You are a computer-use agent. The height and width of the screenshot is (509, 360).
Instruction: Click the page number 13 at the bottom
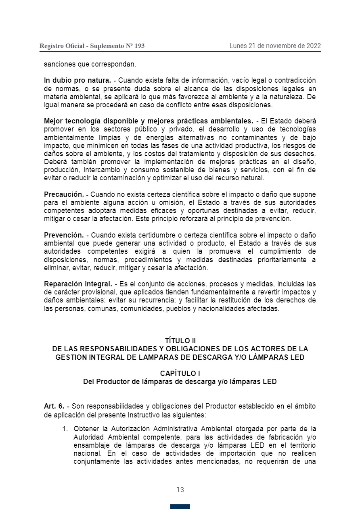tap(180, 490)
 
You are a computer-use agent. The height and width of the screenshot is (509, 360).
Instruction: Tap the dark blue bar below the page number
tap(180, 506)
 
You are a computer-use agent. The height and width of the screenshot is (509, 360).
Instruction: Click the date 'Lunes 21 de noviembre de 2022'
tap(275, 46)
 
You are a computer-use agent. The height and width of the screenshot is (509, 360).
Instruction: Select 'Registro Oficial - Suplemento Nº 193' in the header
tap(92, 46)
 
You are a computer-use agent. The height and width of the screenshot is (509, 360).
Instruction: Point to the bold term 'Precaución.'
tap(64, 194)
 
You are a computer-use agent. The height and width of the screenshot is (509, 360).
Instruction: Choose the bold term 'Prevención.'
tap(64, 235)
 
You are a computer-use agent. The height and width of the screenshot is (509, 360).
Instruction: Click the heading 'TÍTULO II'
tap(180, 341)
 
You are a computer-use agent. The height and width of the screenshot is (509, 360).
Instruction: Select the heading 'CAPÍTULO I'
tap(180, 373)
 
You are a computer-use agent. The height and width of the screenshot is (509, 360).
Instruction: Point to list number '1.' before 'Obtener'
tap(65, 428)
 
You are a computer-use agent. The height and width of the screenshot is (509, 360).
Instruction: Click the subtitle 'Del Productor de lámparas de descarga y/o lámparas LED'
tap(180, 382)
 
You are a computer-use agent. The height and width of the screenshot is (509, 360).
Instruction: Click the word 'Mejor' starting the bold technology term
tap(53, 121)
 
